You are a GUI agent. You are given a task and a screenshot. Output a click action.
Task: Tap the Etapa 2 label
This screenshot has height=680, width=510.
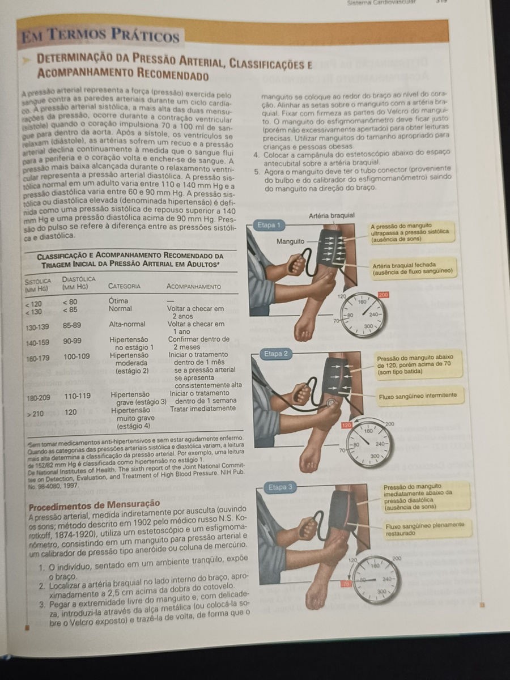click(277, 354)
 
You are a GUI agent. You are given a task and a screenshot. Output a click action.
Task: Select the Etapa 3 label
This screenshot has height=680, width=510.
click(281, 487)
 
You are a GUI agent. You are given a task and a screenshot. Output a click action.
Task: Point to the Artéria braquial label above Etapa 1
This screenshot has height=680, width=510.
click(332, 215)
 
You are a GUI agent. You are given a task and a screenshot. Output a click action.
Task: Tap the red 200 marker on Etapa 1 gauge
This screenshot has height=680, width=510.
click(384, 295)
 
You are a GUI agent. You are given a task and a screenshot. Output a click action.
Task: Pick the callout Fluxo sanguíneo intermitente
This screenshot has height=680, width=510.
click(418, 396)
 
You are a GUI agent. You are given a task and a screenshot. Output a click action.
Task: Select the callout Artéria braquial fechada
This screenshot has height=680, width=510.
click(412, 269)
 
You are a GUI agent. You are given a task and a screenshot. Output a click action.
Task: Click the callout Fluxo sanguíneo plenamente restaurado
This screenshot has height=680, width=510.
click(425, 529)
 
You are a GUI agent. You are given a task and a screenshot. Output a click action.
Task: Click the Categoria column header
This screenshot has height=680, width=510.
click(125, 286)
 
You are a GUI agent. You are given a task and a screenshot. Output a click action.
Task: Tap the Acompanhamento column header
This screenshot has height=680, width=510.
click(194, 287)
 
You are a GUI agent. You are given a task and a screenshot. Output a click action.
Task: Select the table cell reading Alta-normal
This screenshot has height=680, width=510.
click(127, 324)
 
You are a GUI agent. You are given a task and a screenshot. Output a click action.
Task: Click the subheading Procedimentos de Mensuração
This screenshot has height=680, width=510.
click(94, 503)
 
